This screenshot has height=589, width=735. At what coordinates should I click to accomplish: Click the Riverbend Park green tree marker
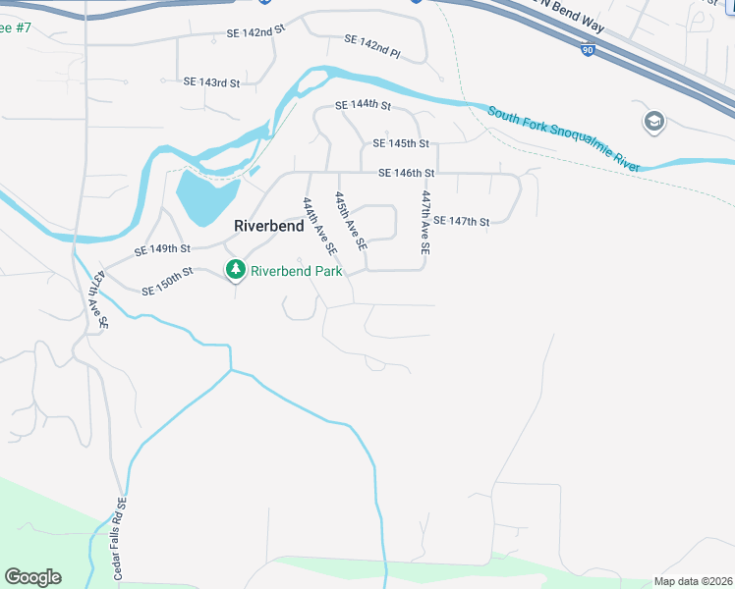point(235,269)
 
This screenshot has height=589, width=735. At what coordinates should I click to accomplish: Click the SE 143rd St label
point(211,83)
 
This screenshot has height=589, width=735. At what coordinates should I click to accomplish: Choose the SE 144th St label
point(363,105)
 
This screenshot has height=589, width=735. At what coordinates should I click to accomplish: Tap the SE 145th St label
point(401,143)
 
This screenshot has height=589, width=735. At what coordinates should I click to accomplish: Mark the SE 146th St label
point(407,174)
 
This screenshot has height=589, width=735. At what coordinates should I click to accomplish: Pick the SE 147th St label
point(461,222)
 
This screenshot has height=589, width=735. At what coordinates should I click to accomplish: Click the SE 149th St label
point(162,249)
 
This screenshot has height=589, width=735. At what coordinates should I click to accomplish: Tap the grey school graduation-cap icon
point(653,122)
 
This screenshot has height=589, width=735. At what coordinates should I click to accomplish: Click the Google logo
point(32,577)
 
